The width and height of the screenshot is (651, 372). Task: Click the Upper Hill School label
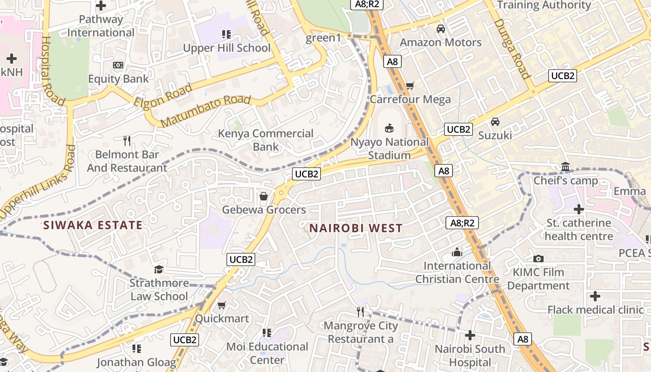pos(226,48)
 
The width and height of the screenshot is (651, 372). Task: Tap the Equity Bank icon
pos(118,65)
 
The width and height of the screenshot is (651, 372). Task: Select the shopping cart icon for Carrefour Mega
pos(410,86)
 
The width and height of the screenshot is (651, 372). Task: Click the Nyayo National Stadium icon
pos(389,128)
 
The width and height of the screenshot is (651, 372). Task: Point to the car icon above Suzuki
pos(495,122)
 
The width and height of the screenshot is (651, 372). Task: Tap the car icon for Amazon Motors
pos(440,29)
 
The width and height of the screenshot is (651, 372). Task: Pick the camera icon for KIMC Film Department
pos(538,259)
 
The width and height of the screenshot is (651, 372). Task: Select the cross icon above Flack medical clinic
pos(595,296)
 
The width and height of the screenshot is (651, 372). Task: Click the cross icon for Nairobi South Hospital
pos(470,335)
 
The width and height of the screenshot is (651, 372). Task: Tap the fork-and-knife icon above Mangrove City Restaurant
pos(360,312)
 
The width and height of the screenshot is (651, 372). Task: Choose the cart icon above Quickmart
pos(222,306)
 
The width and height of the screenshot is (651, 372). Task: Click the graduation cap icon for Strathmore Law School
pos(159,270)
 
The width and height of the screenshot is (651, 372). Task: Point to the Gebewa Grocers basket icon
pos(264,196)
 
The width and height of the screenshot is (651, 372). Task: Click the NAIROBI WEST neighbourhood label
pos(356,228)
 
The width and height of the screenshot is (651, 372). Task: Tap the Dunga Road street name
pos(513,48)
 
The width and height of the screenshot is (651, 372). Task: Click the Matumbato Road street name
pos(206,112)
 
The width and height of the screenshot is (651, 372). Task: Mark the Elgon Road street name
pos(163,95)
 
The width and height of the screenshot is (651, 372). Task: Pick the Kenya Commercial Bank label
pos(266,140)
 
